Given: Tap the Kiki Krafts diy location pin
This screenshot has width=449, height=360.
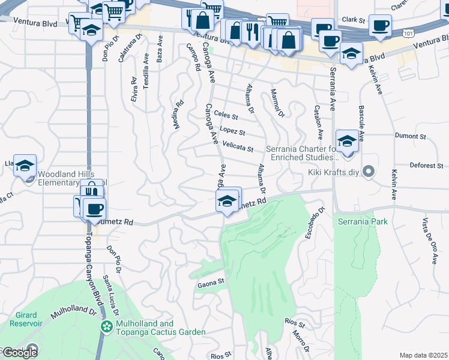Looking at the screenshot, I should pos(369,172).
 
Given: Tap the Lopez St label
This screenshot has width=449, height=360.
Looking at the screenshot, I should pos(232,130).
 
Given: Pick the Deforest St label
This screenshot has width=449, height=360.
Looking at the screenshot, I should pos(426,166).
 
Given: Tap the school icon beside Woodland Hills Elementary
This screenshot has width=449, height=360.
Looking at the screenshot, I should pos(25,166).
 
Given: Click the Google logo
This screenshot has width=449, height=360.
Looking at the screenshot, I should pos(19,352).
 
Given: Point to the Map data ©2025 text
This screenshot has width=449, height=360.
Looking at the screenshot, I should pos(423,355).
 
